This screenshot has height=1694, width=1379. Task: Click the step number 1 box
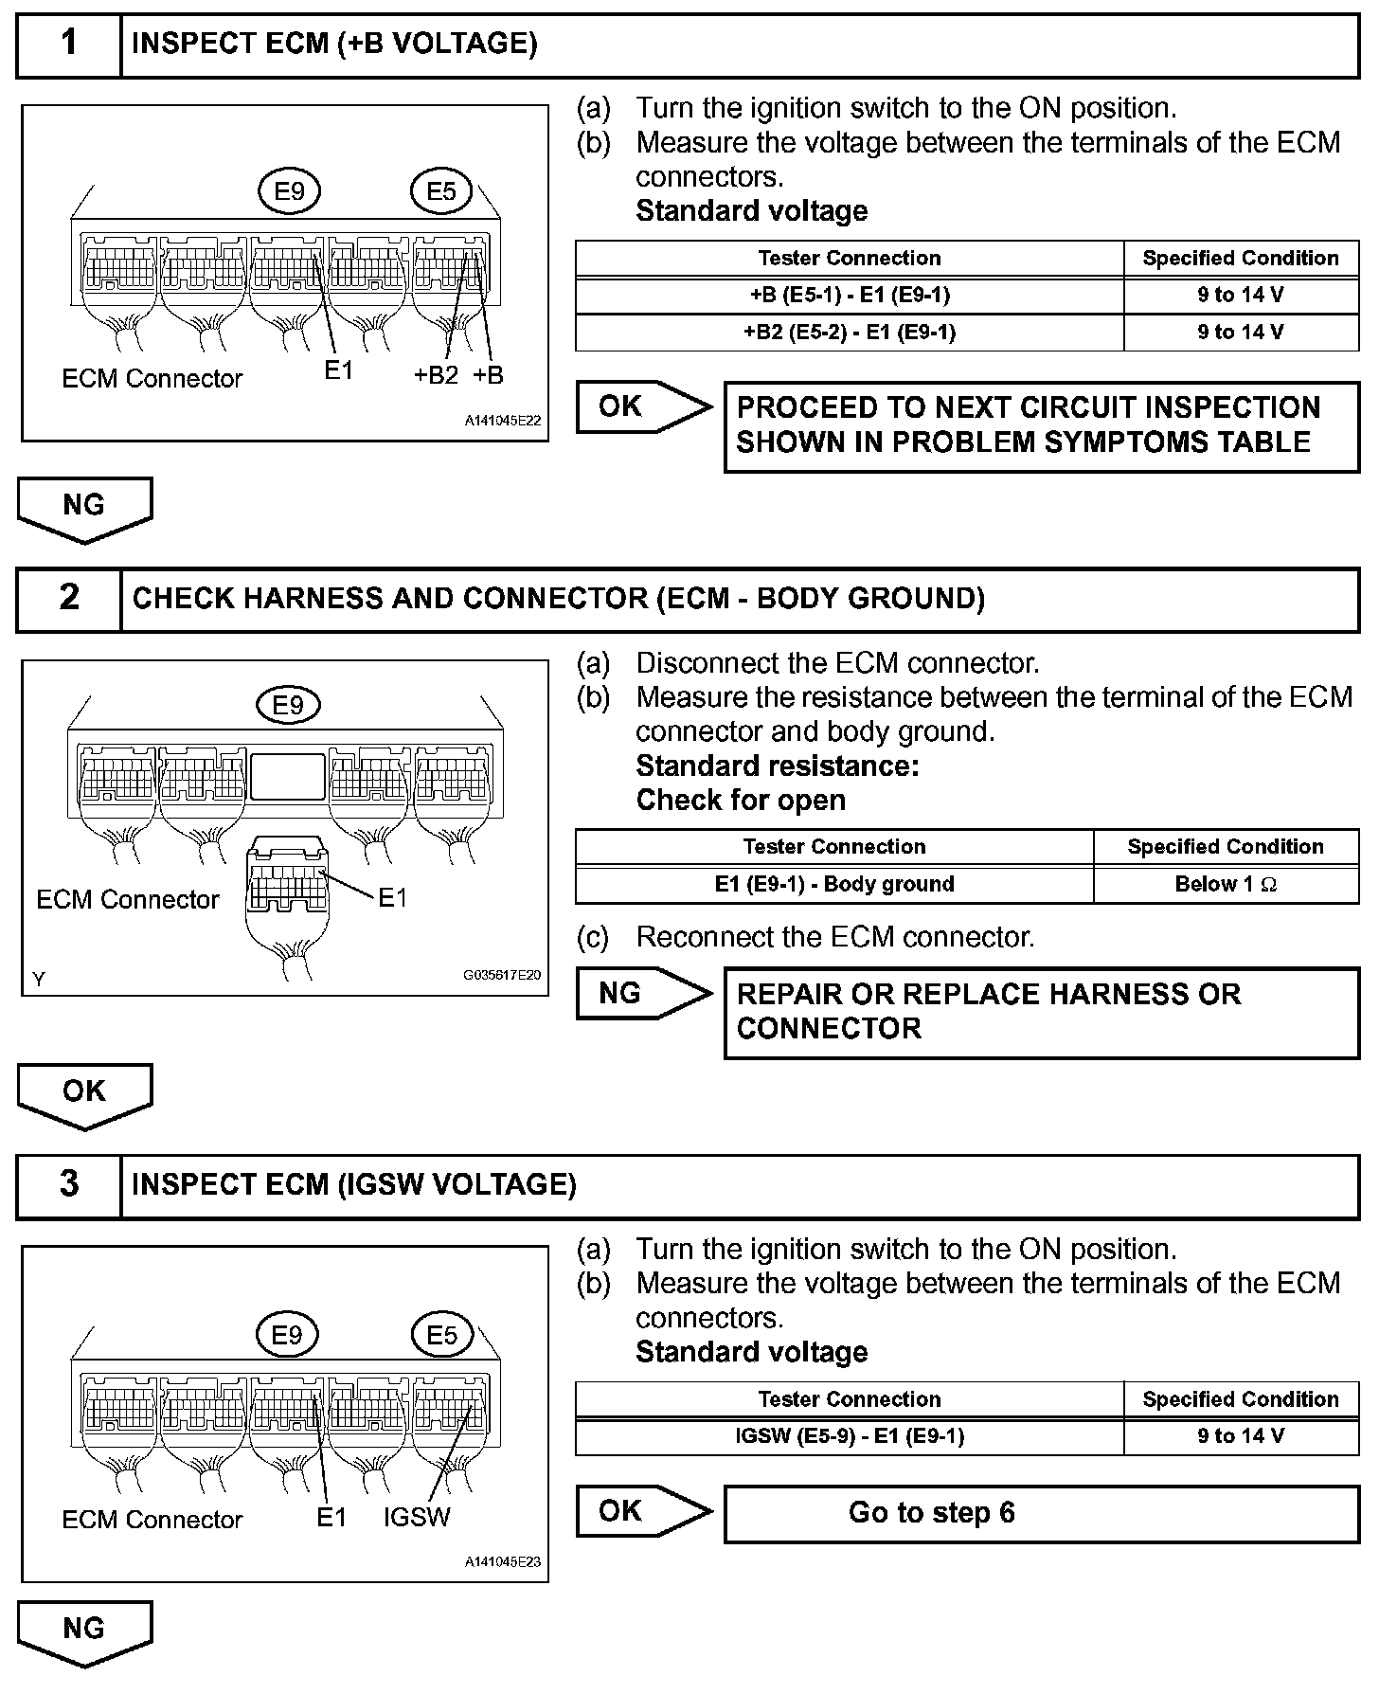69,45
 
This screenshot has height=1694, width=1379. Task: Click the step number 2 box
69,599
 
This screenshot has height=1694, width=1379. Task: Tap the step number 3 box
69,1185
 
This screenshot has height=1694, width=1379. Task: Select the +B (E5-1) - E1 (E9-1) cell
850,296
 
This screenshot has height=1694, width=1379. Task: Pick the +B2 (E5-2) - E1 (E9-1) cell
850,333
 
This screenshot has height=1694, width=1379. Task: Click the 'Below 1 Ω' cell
1226,885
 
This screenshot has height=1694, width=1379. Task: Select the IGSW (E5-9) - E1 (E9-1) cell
850,1436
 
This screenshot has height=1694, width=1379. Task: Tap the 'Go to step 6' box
1041,1513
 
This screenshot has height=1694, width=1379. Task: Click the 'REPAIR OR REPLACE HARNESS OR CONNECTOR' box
1041,1012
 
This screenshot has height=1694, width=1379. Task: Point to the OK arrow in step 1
642,407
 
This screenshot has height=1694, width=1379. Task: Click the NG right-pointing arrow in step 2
642,994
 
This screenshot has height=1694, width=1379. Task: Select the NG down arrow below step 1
84,508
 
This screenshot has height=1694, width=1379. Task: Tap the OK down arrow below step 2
84,1094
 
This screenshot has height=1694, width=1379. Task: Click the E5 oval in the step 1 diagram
441,192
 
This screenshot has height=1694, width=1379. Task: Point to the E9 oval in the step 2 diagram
288,706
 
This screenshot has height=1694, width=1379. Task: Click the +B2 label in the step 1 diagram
436,376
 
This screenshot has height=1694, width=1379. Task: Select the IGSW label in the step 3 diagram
417,1518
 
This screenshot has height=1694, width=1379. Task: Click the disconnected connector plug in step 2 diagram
287,886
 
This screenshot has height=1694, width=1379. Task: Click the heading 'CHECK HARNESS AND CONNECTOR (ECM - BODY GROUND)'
559,599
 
